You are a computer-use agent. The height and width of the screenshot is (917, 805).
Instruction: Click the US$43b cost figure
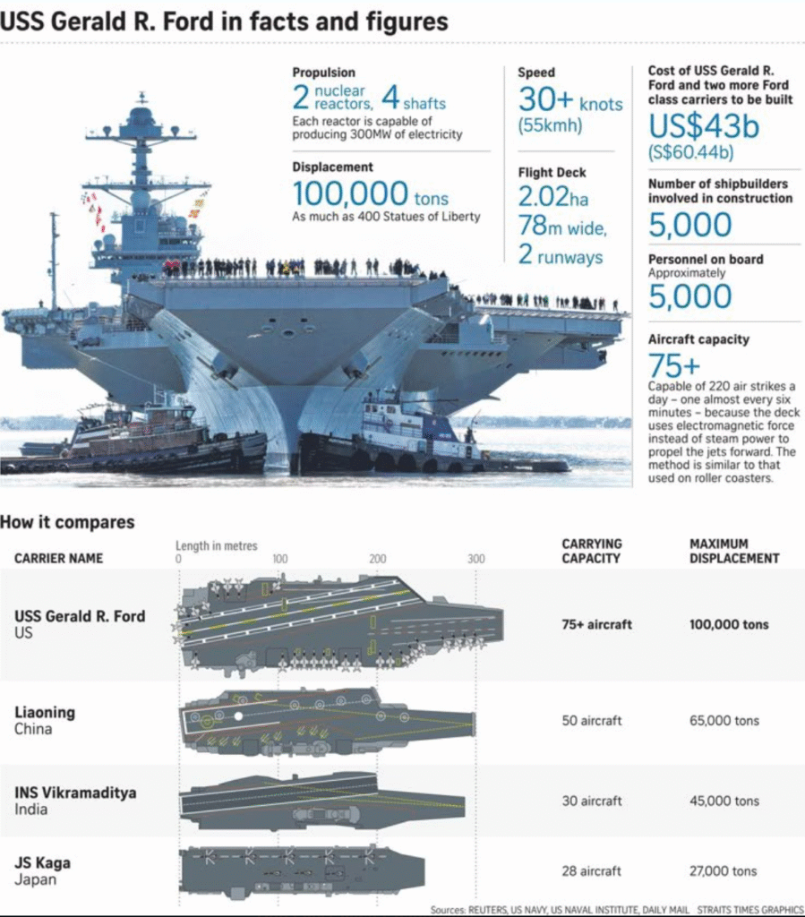point(704,125)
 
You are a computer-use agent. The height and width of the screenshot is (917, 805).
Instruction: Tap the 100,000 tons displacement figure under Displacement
point(370,194)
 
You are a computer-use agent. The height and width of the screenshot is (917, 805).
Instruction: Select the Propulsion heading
point(324,73)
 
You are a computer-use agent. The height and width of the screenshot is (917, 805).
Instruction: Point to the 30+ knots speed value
point(570,99)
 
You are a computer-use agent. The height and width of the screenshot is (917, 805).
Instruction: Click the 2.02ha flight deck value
point(553,197)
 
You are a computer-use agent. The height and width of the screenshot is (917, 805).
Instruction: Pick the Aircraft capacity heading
point(698,339)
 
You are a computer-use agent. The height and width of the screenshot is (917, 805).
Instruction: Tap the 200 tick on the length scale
point(378,559)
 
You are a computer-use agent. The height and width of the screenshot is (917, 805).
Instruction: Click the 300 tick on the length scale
point(475,559)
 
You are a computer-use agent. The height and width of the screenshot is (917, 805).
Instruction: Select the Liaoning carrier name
point(45,712)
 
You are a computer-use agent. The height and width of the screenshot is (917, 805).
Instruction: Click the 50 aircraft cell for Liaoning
point(592,721)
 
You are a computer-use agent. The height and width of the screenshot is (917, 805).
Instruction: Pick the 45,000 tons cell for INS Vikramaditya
point(724,801)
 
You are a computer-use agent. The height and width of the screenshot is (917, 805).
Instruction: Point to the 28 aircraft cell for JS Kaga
point(591,870)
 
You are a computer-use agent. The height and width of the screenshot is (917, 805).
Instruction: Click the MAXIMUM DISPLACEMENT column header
point(734,551)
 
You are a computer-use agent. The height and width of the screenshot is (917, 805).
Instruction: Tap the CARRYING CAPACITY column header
point(592,551)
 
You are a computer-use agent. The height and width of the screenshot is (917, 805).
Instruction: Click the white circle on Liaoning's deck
point(238,716)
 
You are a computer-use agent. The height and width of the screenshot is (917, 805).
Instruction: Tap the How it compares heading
point(67,522)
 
